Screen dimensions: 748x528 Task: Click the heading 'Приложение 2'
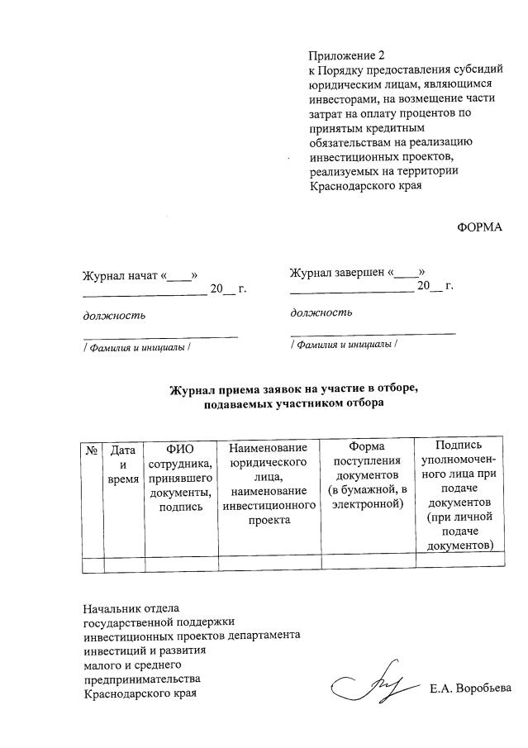347,56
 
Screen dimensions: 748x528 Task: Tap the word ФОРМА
480,227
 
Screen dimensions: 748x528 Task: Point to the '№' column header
91,451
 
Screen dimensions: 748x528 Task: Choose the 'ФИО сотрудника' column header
180,478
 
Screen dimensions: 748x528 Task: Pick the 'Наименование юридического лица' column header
269,484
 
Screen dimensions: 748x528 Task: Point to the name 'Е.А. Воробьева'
470,688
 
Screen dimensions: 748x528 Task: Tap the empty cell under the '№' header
91,564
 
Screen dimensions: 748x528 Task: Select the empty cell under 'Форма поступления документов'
366,564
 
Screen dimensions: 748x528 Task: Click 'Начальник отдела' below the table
131,607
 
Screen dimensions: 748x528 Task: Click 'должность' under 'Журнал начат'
114,315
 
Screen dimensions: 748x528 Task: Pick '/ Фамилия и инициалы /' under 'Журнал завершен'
344,343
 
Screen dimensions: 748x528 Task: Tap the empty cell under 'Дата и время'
123,564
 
